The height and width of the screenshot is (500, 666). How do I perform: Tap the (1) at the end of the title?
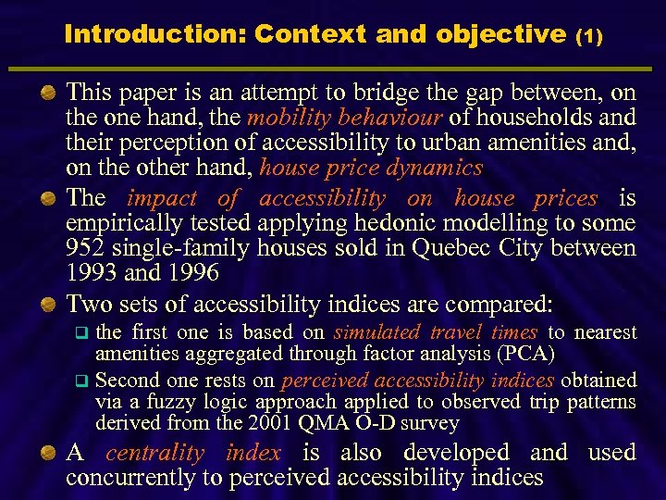tap(589, 36)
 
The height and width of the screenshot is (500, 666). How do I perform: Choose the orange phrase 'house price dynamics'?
tap(372, 168)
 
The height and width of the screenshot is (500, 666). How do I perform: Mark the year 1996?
tap(190, 273)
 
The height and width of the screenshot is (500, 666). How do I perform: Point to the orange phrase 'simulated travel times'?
tap(436, 332)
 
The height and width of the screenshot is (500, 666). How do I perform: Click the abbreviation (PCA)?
tap(528, 353)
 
